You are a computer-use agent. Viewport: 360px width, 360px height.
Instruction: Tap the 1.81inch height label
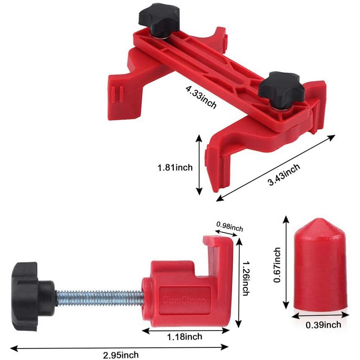point(175,167)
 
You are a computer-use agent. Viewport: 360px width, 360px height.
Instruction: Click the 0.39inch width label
point(323,325)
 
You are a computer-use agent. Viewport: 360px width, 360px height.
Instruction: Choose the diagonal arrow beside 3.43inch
point(276,167)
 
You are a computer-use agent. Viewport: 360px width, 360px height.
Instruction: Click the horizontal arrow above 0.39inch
point(320,315)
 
